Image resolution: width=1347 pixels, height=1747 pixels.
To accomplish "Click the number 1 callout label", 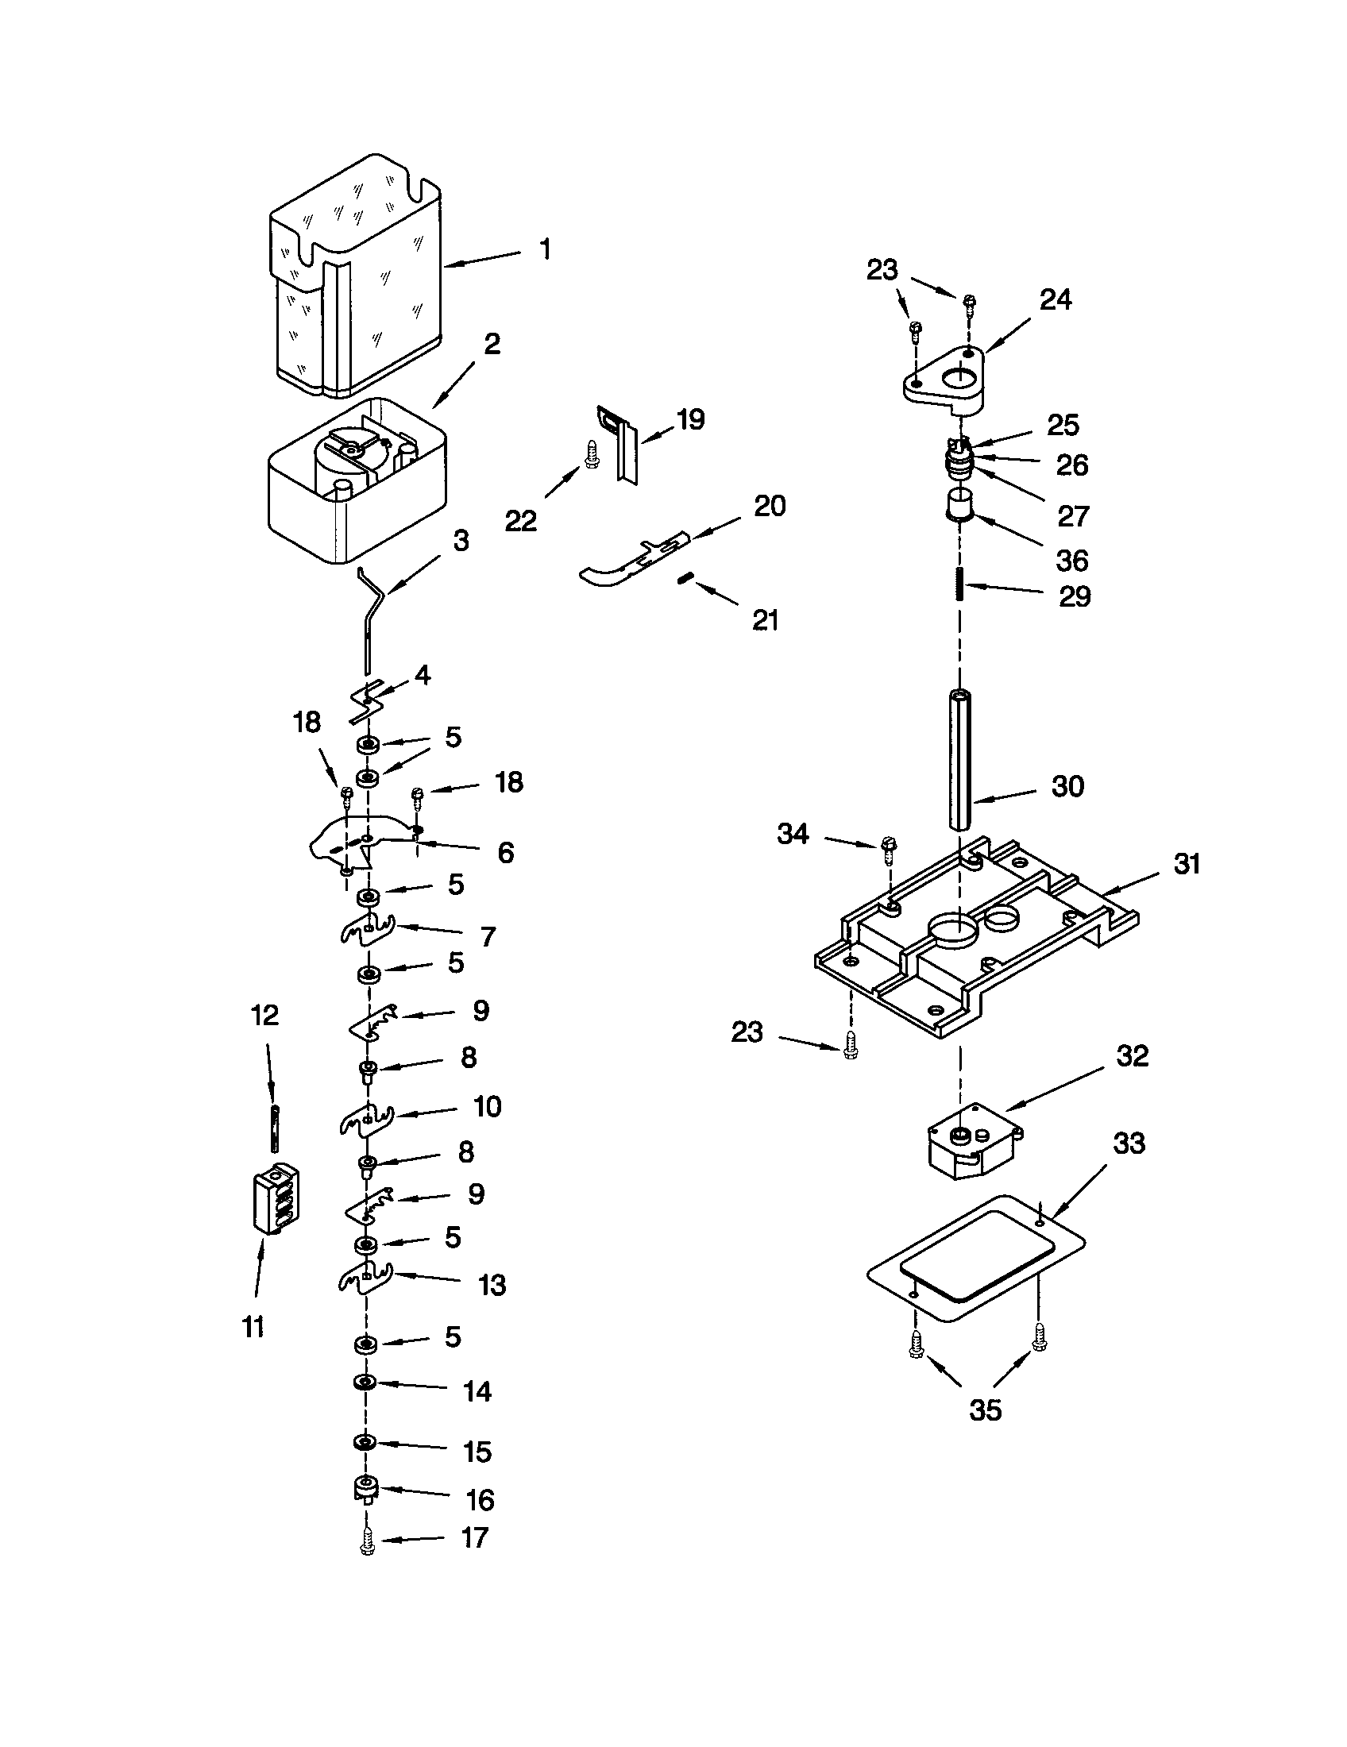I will [x=545, y=249].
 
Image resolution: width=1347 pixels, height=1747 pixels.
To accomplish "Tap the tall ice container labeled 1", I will [x=357, y=276].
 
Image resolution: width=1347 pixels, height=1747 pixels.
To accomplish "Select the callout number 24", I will [x=1055, y=300].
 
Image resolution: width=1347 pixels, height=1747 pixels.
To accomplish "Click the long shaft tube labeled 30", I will [x=959, y=760].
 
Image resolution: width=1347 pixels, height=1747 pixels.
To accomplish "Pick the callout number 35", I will [x=985, y=1410].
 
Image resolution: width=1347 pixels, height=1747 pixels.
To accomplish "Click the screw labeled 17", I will [x=367, y=1541].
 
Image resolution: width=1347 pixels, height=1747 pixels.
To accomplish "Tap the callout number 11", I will [x=253, y=1327].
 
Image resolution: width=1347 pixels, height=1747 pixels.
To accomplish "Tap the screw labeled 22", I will [x=592, y=455].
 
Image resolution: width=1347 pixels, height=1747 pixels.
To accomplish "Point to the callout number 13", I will [x=492, y=1285].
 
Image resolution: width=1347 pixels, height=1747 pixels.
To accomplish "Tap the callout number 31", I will [x=1187, y=864].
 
